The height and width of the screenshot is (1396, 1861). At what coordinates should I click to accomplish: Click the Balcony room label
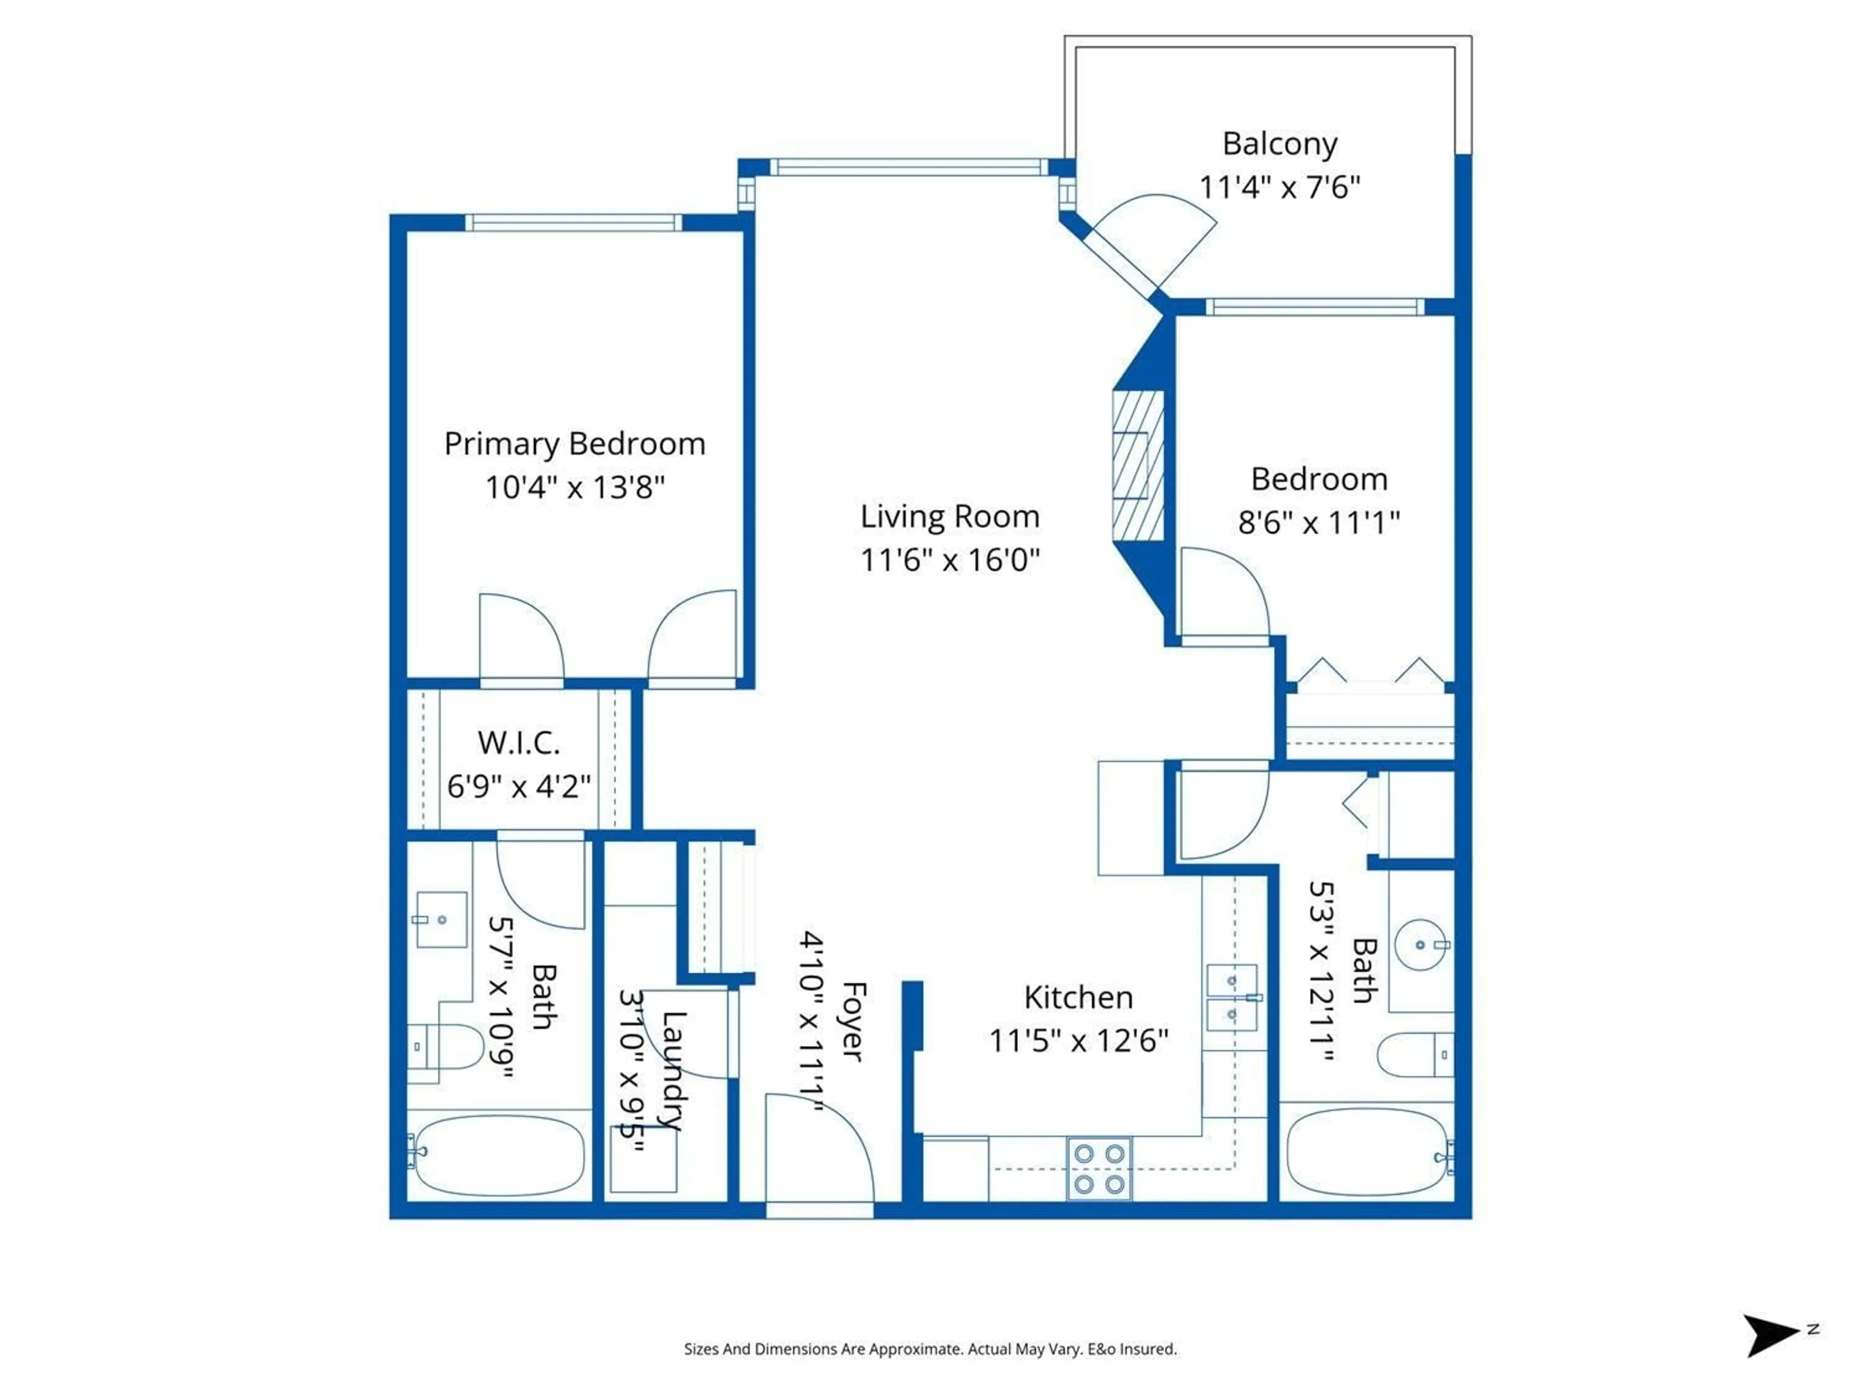[1279, 144]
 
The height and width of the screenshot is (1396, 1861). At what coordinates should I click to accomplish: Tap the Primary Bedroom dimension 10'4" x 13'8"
[575, 487]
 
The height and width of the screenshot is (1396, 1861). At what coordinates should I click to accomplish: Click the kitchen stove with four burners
[1099, 1169]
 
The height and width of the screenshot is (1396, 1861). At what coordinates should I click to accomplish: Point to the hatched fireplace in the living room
[1137, 466]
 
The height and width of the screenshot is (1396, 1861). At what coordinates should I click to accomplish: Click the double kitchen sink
[1231, 997]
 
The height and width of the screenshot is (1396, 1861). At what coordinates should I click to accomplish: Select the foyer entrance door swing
[820, 1149]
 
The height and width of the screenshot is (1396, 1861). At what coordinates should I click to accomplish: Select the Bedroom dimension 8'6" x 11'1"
[1318, 523]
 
